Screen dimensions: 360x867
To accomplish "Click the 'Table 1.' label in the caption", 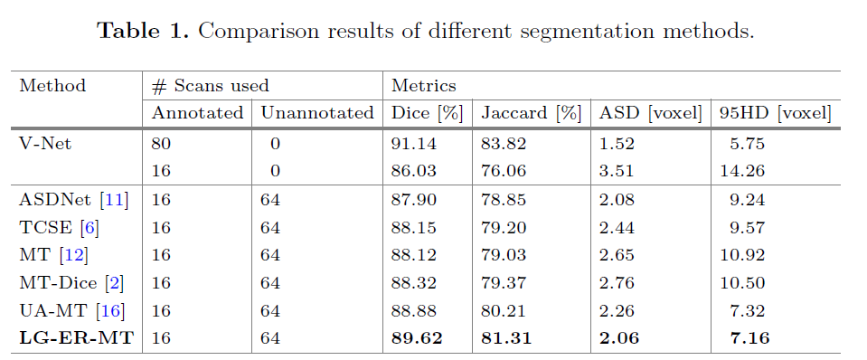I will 144,31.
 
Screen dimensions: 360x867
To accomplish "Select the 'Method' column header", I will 52,86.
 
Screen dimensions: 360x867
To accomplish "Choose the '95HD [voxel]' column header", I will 774,113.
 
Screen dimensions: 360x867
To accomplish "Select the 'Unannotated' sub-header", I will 316,113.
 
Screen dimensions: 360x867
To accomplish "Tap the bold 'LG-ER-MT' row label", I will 76,339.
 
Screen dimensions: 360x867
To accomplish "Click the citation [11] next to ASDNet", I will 114,199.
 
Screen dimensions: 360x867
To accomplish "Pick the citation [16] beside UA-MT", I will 110,311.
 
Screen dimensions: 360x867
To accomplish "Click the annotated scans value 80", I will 162,143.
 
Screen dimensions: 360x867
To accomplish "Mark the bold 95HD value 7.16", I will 746,339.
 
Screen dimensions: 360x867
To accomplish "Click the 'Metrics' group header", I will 423,86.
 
